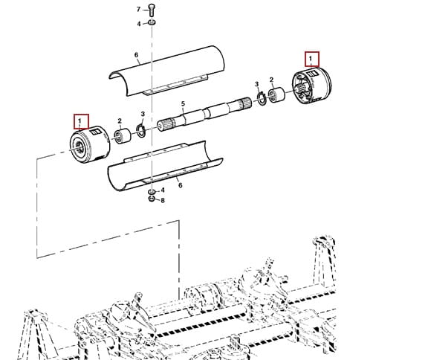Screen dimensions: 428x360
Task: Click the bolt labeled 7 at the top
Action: point(152,10)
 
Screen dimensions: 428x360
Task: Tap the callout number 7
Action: point(138,10)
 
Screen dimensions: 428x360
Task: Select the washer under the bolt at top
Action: point(152,22)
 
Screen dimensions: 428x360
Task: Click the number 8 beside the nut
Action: point(163,201)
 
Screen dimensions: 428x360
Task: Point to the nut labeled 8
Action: point(152,199)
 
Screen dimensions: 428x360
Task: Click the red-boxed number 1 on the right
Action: point(310,59)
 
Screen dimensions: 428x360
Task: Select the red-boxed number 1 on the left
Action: point(80,121)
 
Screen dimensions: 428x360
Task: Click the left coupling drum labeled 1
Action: point(90,144)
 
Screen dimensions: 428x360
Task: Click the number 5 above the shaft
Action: point(183,104)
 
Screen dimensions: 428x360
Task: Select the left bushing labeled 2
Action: point(123,136)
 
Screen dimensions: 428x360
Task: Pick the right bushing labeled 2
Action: point(276,95)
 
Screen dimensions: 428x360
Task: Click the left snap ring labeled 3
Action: point(141,131)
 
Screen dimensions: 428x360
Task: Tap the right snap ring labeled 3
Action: point(262,97)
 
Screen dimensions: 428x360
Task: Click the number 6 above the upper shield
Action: point(136,55)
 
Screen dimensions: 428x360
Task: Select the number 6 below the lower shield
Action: point(180,185)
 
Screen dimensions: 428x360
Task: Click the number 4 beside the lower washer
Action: point(163,190)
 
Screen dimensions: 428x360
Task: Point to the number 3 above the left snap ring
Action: point(143,114)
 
